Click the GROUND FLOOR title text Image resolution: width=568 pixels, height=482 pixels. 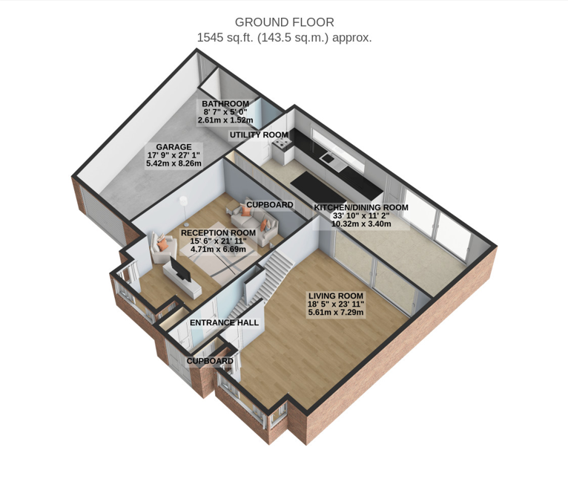pos(284,22)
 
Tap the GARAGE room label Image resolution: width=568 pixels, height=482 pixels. pos(174,147)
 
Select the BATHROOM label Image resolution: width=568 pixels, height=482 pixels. pos(225,104)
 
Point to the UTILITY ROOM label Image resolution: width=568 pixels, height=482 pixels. pos(259,135)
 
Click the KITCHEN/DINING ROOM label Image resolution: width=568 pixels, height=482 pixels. pos(361,207)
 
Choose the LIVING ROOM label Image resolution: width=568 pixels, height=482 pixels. pos(335,296)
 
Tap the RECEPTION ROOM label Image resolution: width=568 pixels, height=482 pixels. pos(219,233)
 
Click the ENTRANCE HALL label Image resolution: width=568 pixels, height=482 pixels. pos(224,323)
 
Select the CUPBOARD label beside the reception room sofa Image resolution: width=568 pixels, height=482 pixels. pos(270,205)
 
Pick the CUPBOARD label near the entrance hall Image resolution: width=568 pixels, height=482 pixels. pos(210,361)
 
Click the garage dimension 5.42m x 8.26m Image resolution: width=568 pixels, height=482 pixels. pos(174,163)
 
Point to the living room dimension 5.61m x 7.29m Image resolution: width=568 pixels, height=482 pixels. pos(336,312)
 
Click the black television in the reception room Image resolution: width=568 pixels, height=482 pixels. pos(180,269)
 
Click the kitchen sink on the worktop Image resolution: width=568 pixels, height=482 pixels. pos(327,158)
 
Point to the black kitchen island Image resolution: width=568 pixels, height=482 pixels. pos(317,188)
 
